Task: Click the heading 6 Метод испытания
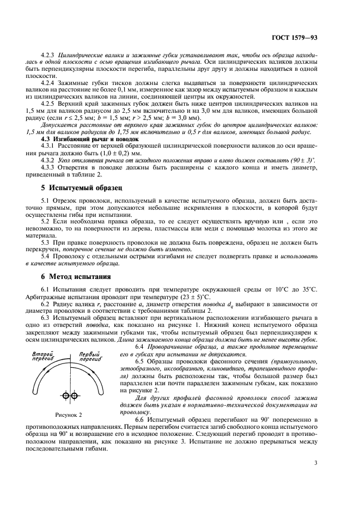pos(77,276)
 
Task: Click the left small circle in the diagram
pos(65,394)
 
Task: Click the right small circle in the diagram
pos(72,394)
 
